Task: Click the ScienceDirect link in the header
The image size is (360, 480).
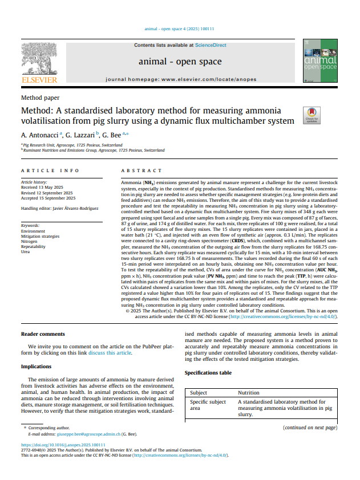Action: pyautogui.click(x=211, y=45)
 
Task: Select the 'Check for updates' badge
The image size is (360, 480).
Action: pyautogui.click(x=310, y=115)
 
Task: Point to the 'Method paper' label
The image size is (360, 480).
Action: pyautogui.click(x=39, y=98)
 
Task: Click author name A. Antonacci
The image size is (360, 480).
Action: pyautogui.click(x=41, y=135)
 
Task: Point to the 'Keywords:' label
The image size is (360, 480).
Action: pyautogui.click(x=31, y=225)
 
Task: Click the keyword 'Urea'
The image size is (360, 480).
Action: pyautogui.click(x=26, y=251)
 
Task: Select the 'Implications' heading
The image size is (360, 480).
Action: pyautogui.click(x=37, y=367)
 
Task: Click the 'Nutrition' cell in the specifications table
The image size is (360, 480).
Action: pyautogui.click(x=249, y=393)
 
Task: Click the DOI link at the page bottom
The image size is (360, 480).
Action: pyautogui.click(x=63, y=445)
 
